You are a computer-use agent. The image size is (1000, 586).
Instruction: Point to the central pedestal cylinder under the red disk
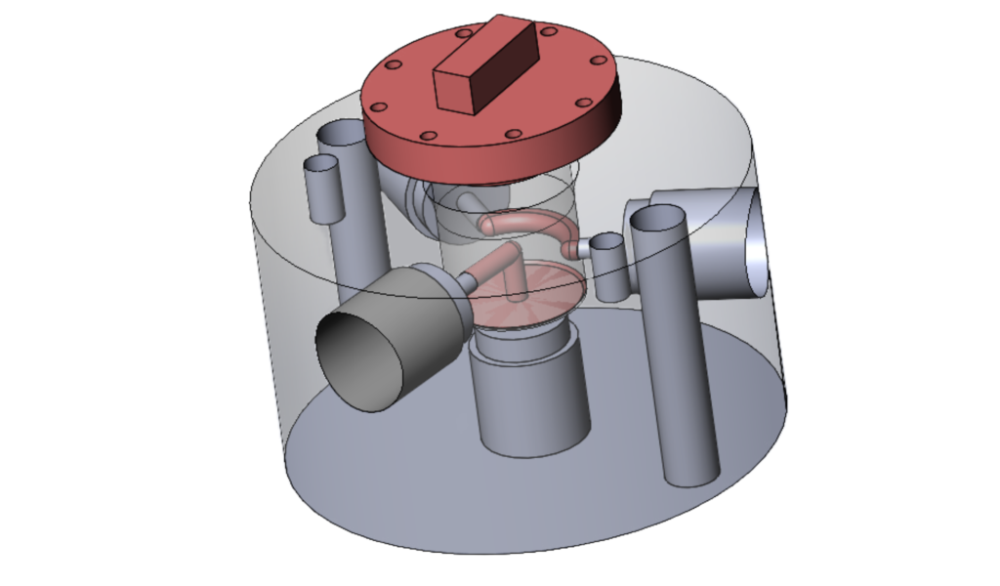(x=530, y=396)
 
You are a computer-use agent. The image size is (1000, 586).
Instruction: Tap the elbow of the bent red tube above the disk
(x=512, y=261)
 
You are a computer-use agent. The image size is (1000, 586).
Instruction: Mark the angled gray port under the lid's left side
(x=410, y=200)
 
